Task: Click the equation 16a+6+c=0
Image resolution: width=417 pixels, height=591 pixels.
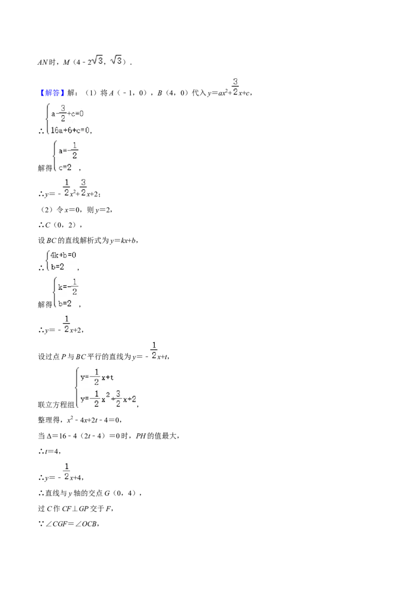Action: point(70,131)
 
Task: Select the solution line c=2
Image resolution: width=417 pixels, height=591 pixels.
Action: point(65,168)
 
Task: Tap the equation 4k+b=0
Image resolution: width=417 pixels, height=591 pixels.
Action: point(63,255)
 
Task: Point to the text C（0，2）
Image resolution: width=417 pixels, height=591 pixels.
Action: point(62,225)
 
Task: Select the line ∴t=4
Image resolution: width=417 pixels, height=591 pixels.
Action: point(50,451)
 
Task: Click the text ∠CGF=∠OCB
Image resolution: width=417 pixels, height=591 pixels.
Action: point(72,524)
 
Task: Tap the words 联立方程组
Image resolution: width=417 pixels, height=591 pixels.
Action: point(56,405)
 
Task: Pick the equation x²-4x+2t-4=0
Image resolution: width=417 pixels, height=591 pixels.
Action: point(94,420)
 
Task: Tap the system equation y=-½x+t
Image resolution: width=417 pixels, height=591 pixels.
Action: point(97,377)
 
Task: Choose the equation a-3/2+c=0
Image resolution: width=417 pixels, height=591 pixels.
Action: point(67,113)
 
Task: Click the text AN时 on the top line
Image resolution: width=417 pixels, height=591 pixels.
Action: point(46,62)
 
